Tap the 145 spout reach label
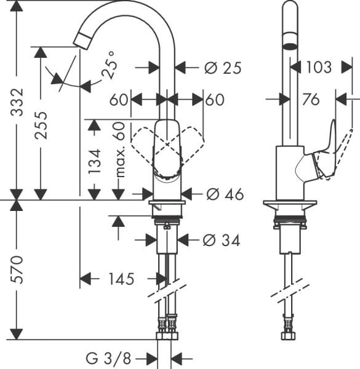pyautogui.click(x=121, y=280)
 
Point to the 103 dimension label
pyautogui.click(x=319, y=67)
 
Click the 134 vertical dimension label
pyautogui.click(x=94, y=161)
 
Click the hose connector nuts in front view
pyautogui.click(x=167, y=323)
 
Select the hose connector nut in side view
pyautogui.click(x=287, y=323)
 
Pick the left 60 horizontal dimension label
pyautogui.click(x=119, y=100)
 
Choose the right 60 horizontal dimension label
pyautogui.click(x=215, y=100)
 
